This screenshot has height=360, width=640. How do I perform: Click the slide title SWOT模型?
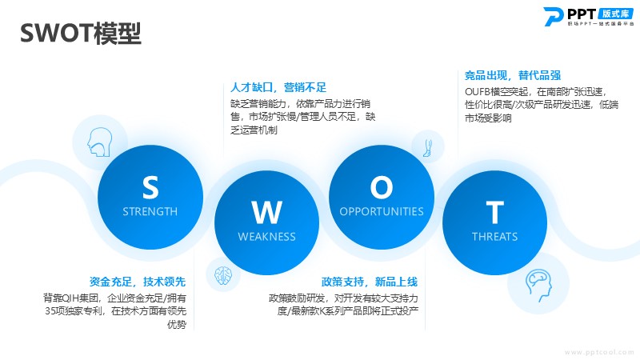click(81, 33)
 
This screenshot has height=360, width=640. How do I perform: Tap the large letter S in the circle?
click(150, 187)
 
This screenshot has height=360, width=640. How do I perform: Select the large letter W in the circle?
click(267, 212)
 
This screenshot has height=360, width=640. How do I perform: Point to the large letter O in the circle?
click(382, 187)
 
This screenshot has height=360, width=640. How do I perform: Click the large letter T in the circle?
click(494, 212)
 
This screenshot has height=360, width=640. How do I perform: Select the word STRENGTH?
click(150, 211)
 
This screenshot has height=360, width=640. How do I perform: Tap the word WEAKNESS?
click(267, 237)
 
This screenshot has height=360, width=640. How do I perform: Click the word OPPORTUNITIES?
click(382, 211)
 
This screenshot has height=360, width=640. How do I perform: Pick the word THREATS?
click(494, 237)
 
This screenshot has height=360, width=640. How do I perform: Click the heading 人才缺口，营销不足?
click(278, 87)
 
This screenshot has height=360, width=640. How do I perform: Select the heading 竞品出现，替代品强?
click(513, 75)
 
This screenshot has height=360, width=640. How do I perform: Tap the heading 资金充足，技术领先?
click(138, 282)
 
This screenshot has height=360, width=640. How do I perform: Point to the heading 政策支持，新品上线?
click(370, 282)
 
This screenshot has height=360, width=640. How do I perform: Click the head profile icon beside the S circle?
click(99, 142)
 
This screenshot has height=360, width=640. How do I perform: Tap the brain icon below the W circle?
click(223, 275)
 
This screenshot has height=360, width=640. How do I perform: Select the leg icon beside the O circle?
click(427, 148)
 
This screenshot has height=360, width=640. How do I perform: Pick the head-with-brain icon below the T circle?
click(538, 285)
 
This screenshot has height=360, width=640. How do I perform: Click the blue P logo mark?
click(554, 17)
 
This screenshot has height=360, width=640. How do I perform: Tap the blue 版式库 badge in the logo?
click(615, 14)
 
